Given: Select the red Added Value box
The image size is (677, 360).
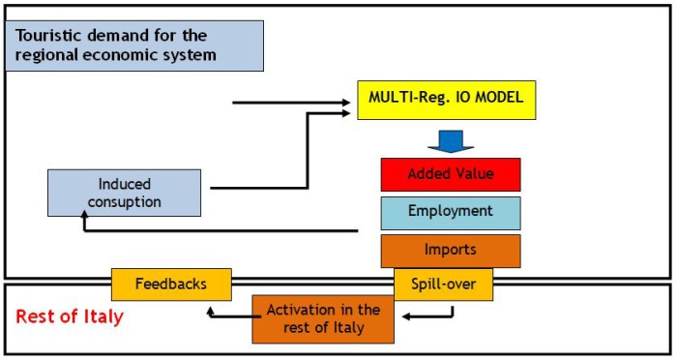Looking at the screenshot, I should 450,175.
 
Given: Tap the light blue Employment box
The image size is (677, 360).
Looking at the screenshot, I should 450,212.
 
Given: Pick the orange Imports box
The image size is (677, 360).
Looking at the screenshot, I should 450,250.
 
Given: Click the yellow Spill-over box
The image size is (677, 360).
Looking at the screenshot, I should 443,285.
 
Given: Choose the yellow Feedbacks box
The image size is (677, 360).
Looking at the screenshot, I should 171,285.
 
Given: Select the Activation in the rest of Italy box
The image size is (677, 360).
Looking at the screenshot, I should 323,318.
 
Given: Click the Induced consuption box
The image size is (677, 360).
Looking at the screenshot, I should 124,193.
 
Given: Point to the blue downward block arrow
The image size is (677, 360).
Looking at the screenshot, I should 448,141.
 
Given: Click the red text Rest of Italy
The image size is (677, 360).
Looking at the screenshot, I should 70,316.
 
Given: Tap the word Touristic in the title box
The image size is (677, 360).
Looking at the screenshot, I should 49,36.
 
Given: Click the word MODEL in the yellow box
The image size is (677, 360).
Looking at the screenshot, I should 499,98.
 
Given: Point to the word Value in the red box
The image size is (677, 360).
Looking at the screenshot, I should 474,175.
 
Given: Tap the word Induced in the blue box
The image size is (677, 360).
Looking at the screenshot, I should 125,184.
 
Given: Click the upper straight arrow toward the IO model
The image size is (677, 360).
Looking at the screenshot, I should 290,101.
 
